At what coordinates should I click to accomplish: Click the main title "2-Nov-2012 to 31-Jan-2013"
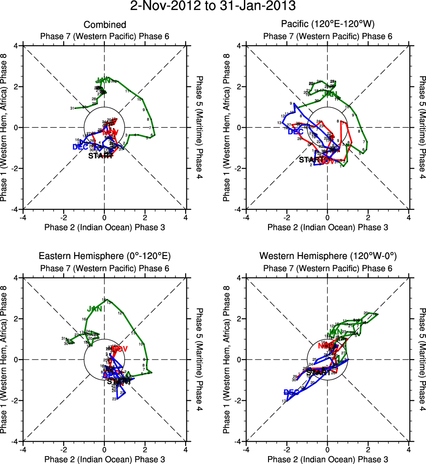pyautogui.click(x=213, y=7)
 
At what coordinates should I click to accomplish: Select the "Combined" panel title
pyautogui.click(x=105, y=25)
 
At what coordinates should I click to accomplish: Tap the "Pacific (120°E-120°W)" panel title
pyautogui.click(x=328, y=25)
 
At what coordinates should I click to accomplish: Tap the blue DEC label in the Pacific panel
pyautogui.click(x=295, y=131)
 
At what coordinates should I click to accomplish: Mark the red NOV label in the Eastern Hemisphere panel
pyautogui.click(x=119, y=349)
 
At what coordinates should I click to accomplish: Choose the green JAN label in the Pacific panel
pyautogui.click(x=330, y=94)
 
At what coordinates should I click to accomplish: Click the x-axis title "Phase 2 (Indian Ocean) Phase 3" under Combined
pyautogui.click(x=105, y=227)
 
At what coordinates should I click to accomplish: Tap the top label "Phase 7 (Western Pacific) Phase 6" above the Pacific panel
pyautogui.click(x=328, y=36)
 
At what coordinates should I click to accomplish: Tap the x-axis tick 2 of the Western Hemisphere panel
pyautogui.click(x=368, y=450)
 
